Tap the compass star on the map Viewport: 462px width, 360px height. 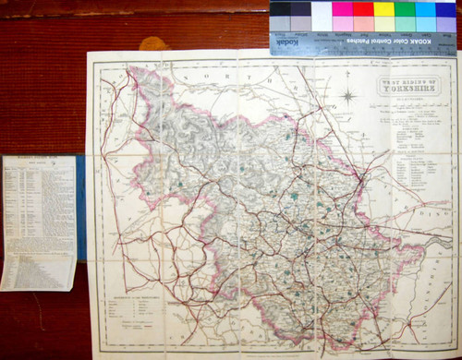(348, 95)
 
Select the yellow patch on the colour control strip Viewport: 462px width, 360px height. (383, 9)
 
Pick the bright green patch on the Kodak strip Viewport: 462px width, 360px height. (404, 9)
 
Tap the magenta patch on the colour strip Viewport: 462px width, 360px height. (342, 9)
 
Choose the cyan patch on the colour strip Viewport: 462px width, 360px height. (425, 9)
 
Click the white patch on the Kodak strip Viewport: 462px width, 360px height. (321, 9)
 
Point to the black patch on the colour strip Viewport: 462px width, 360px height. (279, 9)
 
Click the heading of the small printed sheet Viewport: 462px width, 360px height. (39, 160)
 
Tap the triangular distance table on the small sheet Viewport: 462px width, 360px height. (39, 268)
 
